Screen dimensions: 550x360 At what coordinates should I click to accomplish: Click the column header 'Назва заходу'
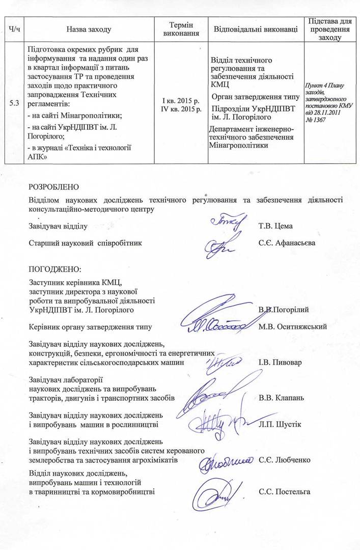point(89,30)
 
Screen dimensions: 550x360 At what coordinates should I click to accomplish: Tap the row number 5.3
point(15,104)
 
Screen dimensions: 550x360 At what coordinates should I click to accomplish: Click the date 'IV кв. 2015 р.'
point(181,109)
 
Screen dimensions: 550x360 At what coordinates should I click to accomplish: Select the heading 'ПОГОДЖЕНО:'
point(55,268)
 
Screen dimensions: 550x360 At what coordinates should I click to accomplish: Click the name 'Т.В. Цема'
point(276,226)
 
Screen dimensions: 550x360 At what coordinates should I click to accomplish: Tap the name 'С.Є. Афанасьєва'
point(287,243)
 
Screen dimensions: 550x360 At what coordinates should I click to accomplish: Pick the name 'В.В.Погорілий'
point(283,309)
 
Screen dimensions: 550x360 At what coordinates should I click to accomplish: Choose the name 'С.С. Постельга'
point(284,491)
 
